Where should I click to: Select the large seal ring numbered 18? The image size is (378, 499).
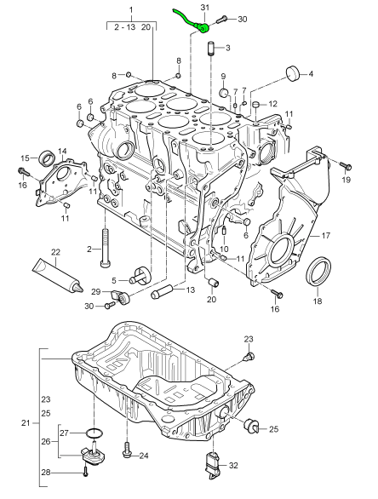[319, 270]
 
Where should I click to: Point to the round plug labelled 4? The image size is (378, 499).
[295, 72]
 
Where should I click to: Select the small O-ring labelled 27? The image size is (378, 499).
[94, 433]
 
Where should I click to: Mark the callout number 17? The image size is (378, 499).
[324, 235]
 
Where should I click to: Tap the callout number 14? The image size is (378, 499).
[62, 151]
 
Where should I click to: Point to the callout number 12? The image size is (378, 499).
[274, 104]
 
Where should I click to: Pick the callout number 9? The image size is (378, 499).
[222, 76]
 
